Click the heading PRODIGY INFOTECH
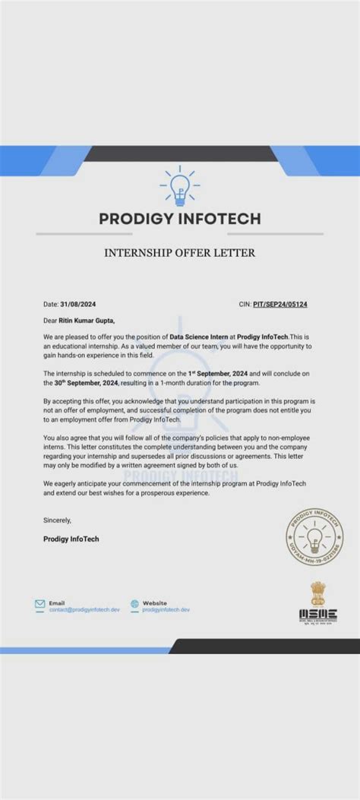point(180,219)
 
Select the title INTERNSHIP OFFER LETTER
point(179,252)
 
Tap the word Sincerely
point(57,520)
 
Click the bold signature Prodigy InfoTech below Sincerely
point(71,539)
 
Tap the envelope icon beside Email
point(40,605)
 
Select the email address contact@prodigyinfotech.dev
point(84,610)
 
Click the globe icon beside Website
point(134,605)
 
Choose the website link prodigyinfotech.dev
point(166,610)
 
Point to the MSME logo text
point(317,614)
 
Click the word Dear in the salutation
point(50,321)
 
